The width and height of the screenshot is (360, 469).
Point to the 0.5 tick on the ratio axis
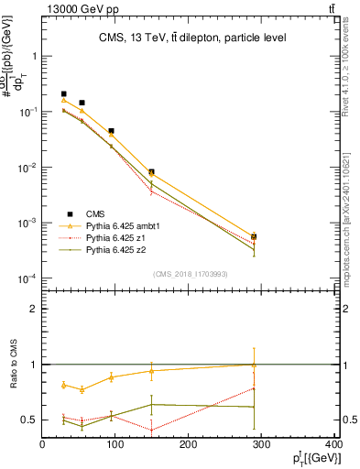point(28,420)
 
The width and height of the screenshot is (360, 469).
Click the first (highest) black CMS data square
point(64,93)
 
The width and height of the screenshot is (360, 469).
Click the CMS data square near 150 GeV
point(152,172)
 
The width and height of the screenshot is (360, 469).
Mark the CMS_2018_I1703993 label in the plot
point(191,274)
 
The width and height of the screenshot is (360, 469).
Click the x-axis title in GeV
point(311,460)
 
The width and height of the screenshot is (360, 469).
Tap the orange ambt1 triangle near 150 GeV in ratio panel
point(152,371)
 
